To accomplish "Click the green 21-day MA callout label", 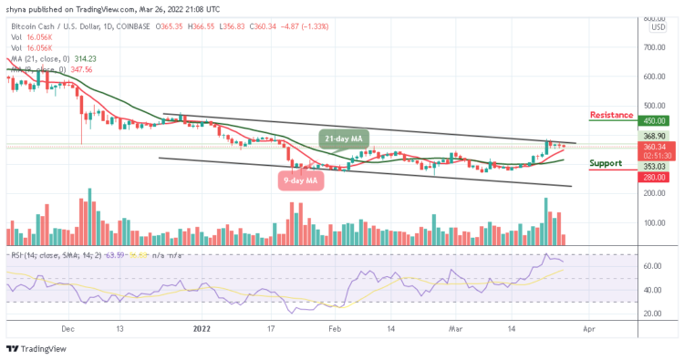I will tap(344, 138).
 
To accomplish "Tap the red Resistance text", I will tap(613, 116).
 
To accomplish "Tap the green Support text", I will tap(606, 163).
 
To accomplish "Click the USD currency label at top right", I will tap(657, 26).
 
